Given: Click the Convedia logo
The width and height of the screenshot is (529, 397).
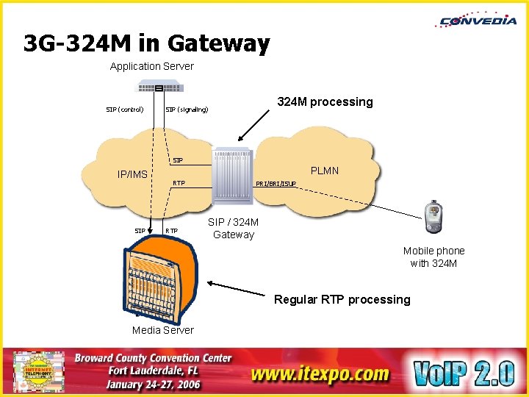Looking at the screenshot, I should (x=478, y=20).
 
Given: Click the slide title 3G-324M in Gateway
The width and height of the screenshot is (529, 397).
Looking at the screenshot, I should (x=146, y=45).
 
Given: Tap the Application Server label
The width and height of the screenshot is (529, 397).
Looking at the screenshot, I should (x=151, y=66).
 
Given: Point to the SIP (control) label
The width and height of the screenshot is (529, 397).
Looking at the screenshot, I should (x=124, y=110).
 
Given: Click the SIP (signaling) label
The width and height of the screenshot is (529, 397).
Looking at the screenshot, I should (x=187, y=110).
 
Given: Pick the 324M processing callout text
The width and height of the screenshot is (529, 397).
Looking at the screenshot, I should (x=324, y=102).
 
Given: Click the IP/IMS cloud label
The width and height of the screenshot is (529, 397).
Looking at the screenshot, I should (x=132, y=175).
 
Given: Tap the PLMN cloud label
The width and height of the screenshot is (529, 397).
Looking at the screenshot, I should (x=324, y=171).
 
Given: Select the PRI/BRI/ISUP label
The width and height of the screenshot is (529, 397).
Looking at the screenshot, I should (x=276, y=183).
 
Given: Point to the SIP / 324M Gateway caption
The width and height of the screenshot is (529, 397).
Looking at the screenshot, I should (x=233, y=229).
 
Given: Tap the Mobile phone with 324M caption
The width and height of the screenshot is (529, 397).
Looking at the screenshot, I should (x=433, y=257).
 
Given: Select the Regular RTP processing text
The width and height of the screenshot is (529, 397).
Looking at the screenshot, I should (x=342, y=299).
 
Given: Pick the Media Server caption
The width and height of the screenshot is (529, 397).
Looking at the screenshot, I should (x=163, y=330).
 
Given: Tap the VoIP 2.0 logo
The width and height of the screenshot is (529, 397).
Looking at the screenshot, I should (x=463, y=373).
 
